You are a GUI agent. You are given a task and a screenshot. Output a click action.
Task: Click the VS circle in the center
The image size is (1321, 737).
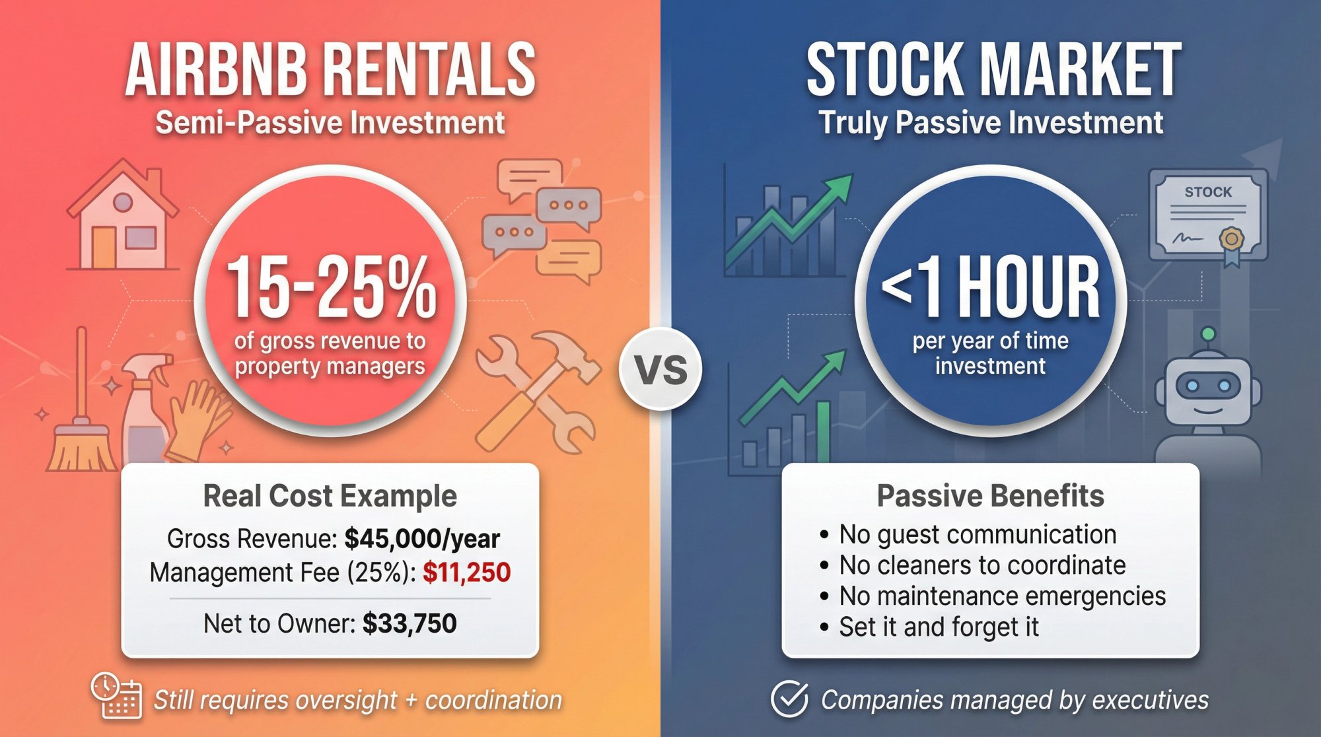click(x=660, y=369)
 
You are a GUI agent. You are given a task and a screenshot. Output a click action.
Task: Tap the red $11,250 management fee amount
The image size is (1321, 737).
click(x=466, y=573)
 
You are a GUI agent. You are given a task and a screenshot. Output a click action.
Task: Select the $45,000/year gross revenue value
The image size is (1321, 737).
click(x=422, y=539)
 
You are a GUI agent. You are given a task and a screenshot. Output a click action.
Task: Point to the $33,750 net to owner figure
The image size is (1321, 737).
click(x=410, y=623)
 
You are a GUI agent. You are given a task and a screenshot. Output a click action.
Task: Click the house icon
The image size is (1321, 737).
click(x=123, y=218)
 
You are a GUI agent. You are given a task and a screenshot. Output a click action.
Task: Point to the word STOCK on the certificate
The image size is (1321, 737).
click(x=1208, y=192)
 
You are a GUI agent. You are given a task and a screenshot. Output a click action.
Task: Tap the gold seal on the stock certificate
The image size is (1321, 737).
click(x=1231, y=239)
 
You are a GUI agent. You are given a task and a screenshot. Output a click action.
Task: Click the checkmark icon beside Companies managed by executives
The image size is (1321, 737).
click(x=789, y=699)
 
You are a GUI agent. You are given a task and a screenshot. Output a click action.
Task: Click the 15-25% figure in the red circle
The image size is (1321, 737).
click(x=330, y=287)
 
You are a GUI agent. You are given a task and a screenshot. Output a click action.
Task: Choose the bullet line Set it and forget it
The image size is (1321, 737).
click(x=938, y=627)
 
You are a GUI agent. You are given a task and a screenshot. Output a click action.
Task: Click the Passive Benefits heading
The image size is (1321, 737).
click(x=990, y=496)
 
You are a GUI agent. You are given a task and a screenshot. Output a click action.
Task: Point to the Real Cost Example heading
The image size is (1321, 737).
click(x=330, y=496)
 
